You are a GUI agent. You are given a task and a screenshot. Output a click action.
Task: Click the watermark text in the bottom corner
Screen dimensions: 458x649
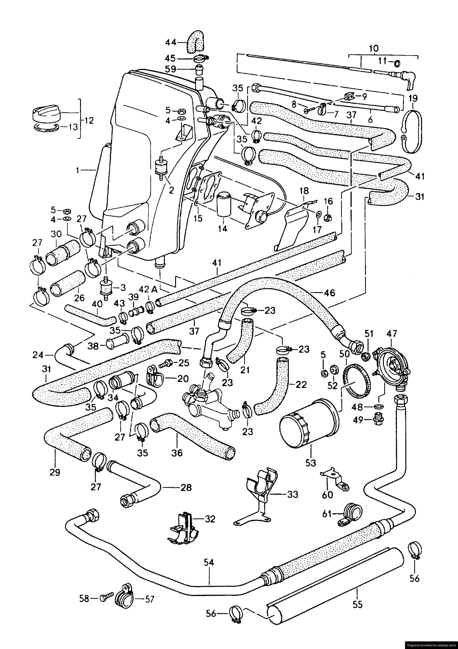(431, 645)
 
